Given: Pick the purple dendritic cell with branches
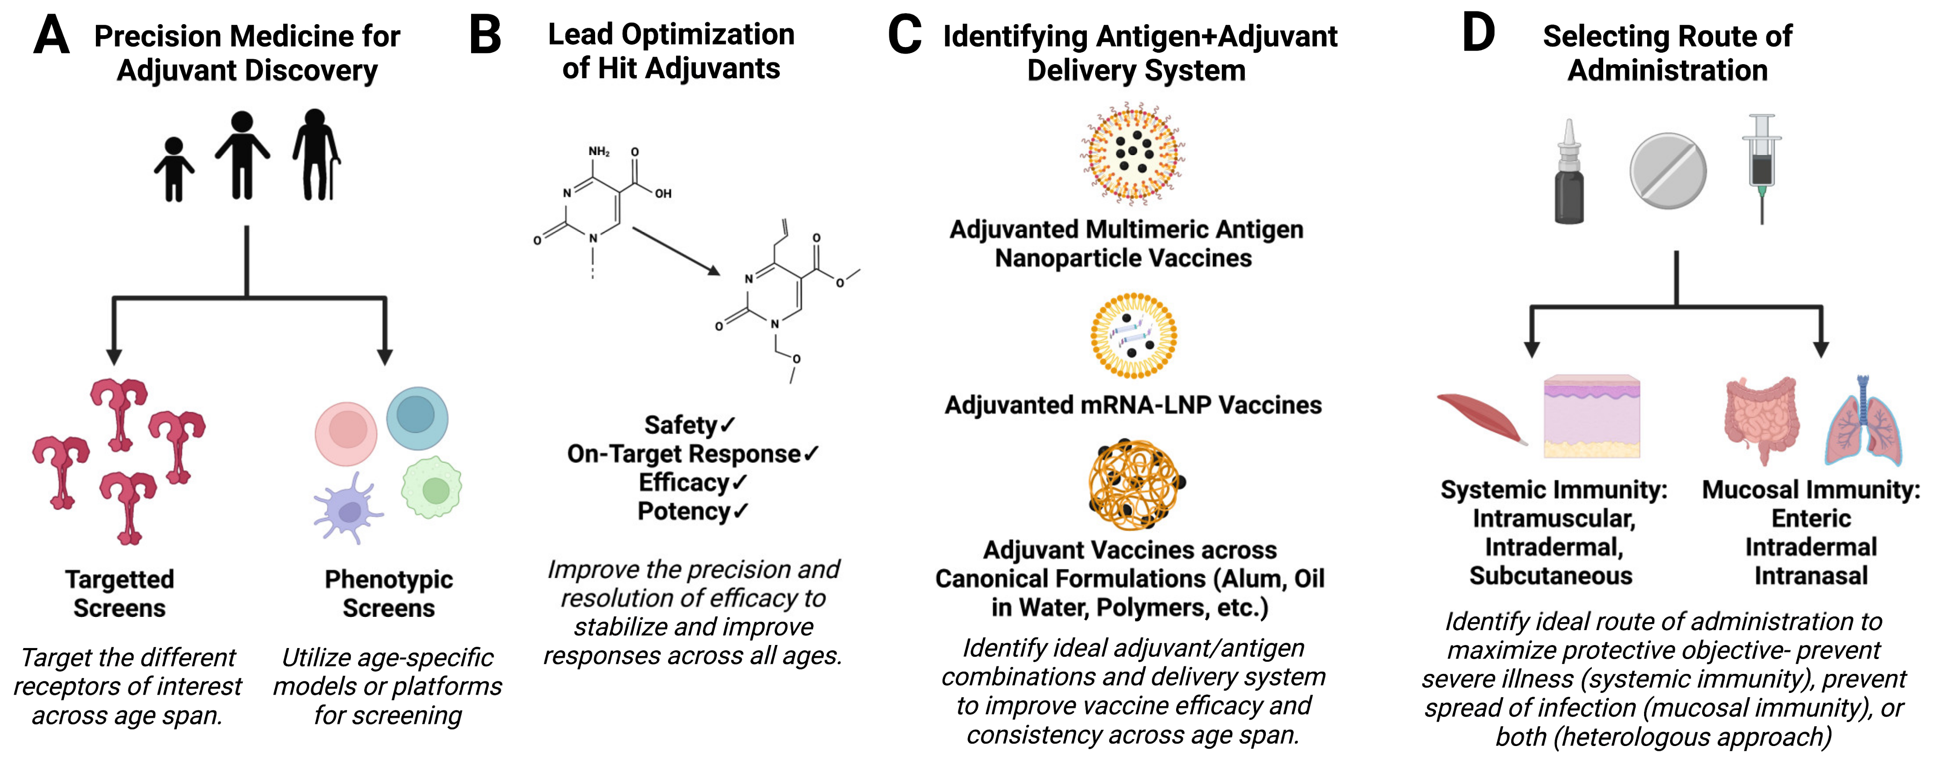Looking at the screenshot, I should point(347,509).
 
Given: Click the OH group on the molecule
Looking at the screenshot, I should point(662,194).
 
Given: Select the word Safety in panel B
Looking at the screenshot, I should point(680,425).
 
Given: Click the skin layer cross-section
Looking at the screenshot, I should point(1592,417).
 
